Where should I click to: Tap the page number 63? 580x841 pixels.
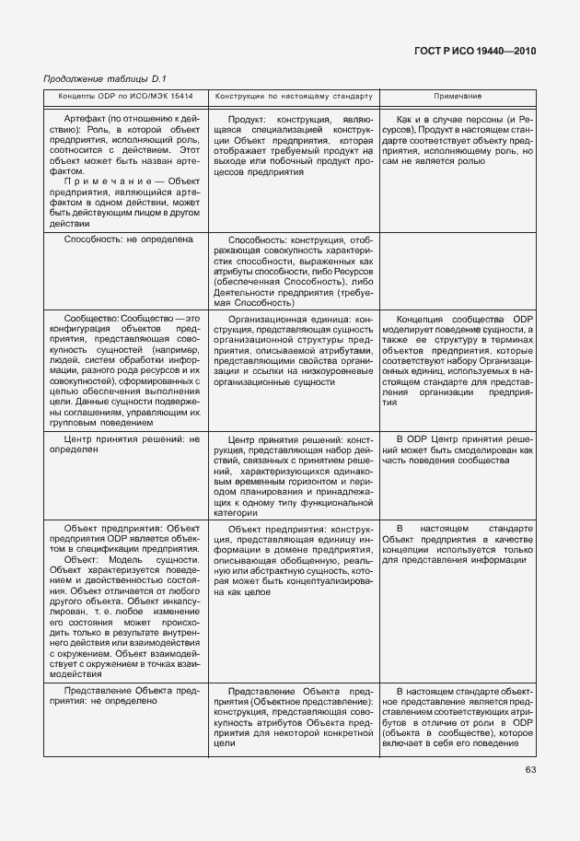tap(530, 770)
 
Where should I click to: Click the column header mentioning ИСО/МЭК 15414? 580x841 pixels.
tap(125, 96)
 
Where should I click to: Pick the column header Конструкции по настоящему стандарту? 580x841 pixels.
tap(294, 96)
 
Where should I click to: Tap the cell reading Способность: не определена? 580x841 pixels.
tap(128, 239)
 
